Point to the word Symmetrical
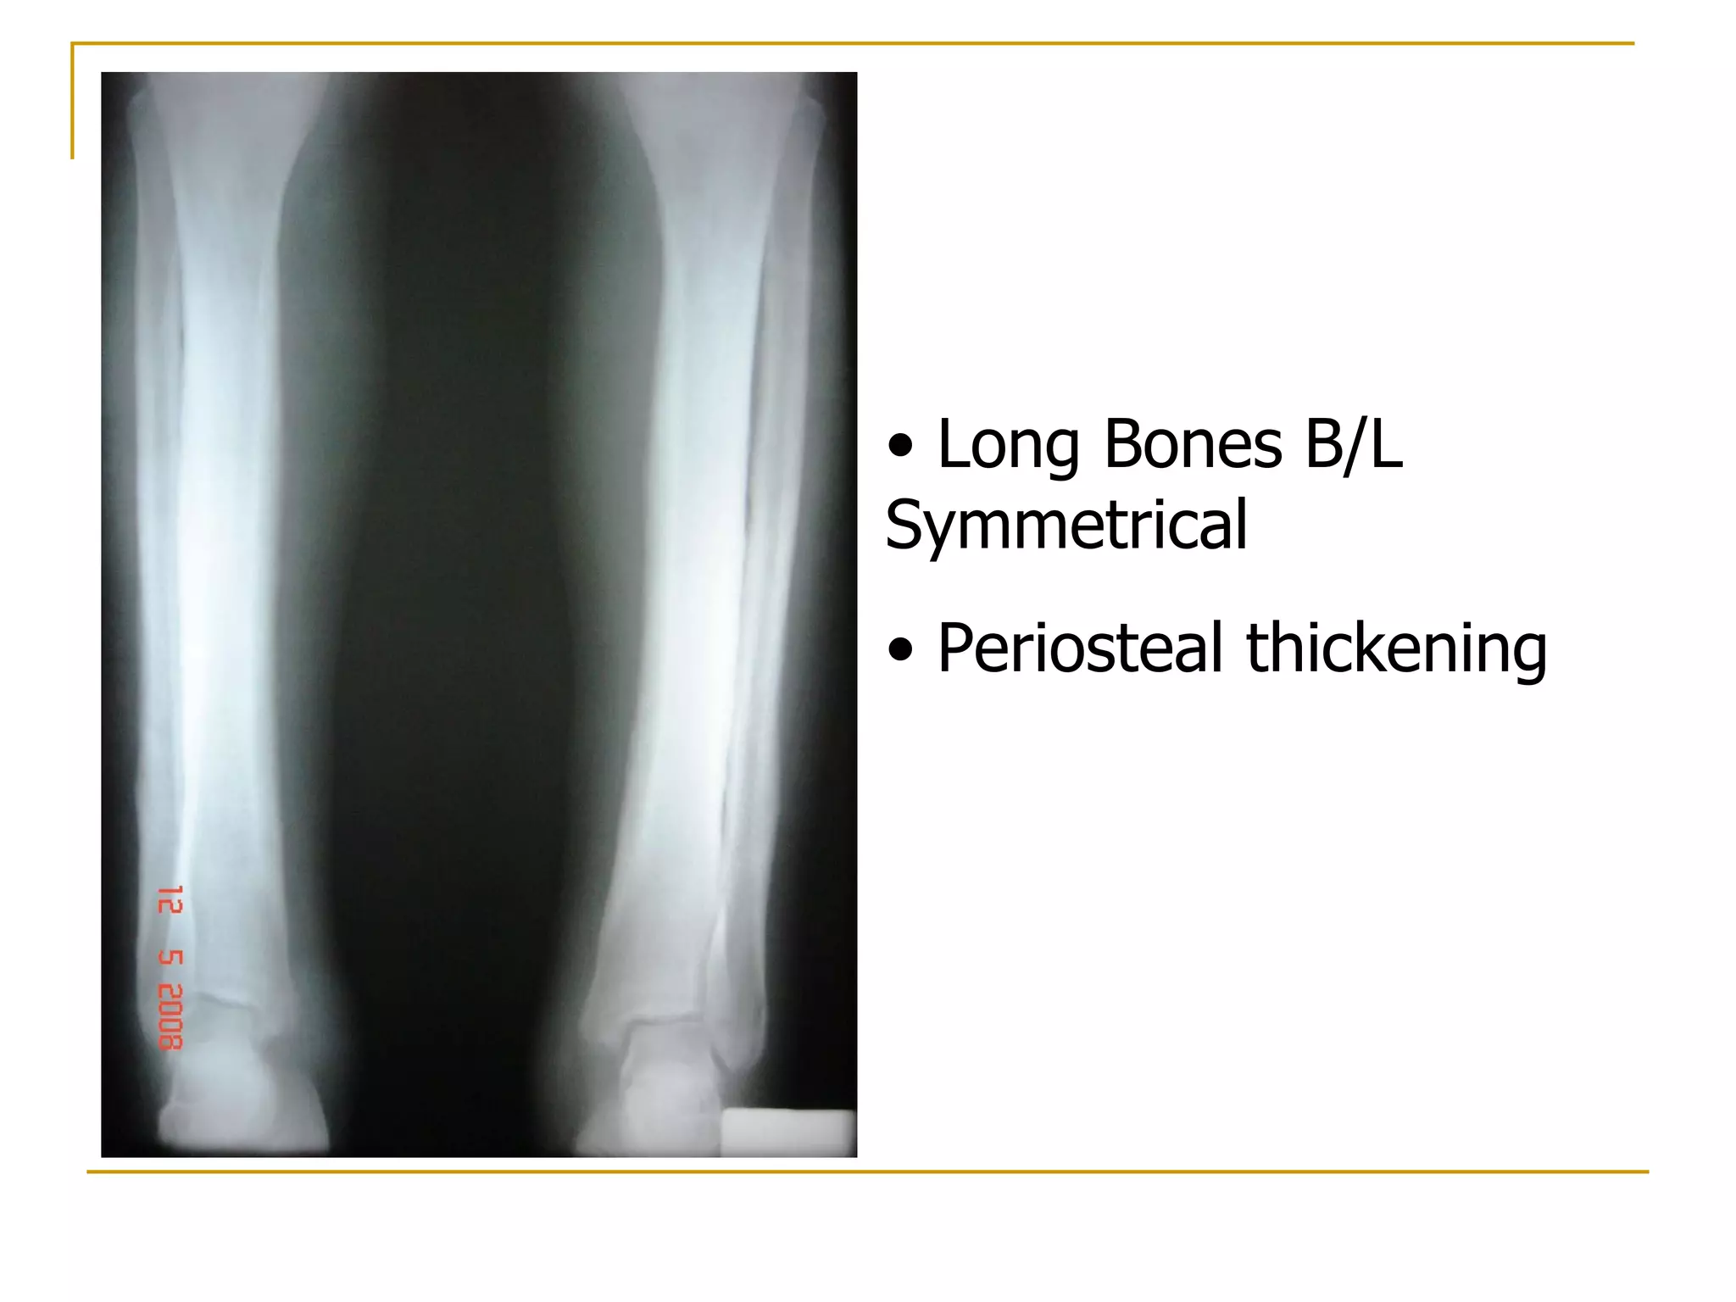tap(1066, 526)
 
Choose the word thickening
tap(1396, 648)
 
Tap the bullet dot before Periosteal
tap(900, 650)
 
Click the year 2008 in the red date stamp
tap(170, 1016)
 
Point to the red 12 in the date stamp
tap(170, 900)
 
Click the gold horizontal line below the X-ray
tap(865, 1172)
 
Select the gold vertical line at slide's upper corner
tap(73, 102)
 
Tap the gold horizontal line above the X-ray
tap(848, 43)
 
